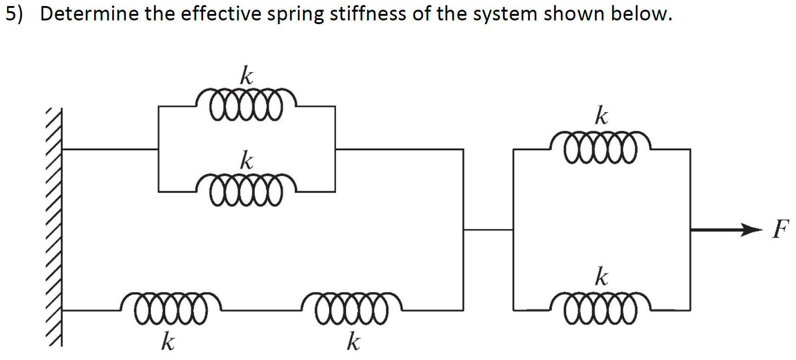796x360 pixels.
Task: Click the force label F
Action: click(780, 229)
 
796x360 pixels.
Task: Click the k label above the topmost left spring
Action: click(246, 76)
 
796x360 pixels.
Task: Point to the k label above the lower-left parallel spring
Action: click(246, 161)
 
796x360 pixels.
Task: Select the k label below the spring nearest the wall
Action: click(168, 342)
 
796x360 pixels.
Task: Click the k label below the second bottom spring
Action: click(353, 342)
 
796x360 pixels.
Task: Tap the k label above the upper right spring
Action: click(602, 116)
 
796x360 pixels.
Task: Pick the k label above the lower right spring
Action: click(602, 276)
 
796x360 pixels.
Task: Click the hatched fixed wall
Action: click(54, 227)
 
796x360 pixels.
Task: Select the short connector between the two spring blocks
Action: click(488, 229)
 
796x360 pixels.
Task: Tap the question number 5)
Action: click(14, 14)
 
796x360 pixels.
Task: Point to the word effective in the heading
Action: click(221, 14)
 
